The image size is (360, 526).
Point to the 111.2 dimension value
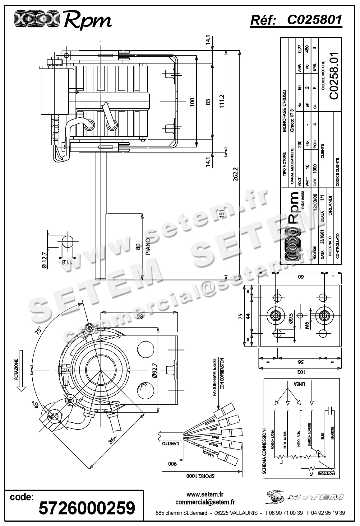coord(222,101)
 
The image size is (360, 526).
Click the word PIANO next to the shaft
coord(148,247)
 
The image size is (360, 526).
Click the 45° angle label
coord(36,405)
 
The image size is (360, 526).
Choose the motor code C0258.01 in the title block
coord(334,76)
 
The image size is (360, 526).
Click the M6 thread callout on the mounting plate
coord(307,325)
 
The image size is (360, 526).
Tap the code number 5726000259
coord(87,508)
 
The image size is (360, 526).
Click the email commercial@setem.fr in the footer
coord(205,502)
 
